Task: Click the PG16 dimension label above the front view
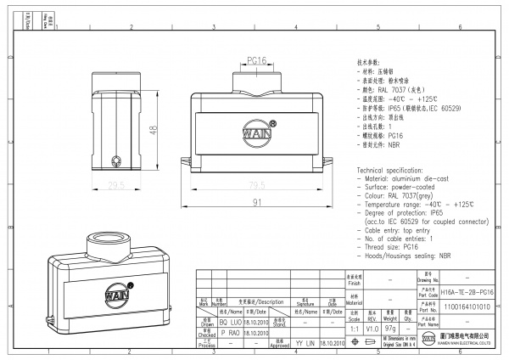[257, 61]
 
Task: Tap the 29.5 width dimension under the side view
[116, 183]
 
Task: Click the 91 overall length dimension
[255, 202]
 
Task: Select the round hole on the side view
[116, 160]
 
